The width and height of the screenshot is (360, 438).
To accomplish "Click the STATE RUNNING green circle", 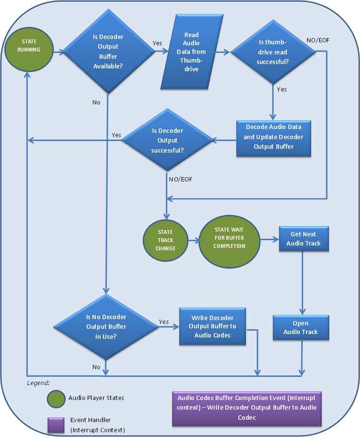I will pos(29,46).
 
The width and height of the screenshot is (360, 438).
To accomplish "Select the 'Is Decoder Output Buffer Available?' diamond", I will pos(108,52).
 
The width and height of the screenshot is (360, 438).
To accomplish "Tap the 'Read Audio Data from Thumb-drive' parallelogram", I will pos(191,52).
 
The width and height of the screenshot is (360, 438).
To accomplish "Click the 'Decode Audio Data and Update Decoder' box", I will pos(273,137).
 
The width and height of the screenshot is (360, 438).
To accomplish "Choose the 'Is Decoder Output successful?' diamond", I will pos(167,141).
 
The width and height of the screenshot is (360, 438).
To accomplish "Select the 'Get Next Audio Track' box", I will pos(303,239).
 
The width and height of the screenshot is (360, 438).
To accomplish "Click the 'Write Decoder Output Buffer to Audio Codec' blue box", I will pos(212,326).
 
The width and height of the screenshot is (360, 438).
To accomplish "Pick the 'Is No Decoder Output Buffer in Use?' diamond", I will pos(106,326).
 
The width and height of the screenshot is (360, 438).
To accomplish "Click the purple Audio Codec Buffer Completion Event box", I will pos(247,408).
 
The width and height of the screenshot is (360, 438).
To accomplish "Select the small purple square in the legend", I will pos(56,425).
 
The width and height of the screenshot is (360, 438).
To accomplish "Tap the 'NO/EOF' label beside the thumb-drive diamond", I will pos(318,40).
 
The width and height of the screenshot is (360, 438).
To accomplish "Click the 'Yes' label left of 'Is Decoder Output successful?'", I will pos(116,135).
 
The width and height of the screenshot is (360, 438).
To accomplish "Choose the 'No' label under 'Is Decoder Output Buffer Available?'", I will pos(96,102).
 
